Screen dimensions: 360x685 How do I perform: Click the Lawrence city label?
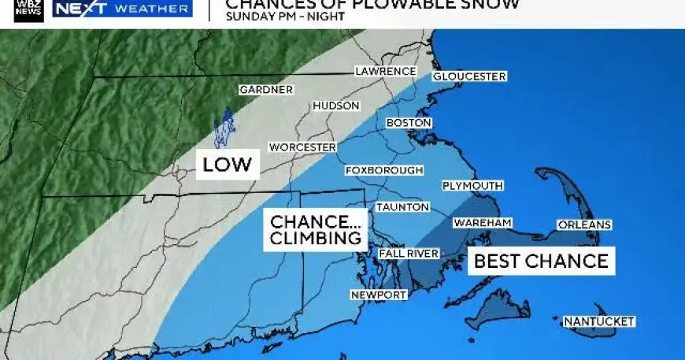point(385,72)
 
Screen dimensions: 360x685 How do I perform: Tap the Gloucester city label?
point(468,76)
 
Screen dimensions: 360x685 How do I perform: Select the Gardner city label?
point(265,90)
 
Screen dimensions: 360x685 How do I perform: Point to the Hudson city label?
point(336,106)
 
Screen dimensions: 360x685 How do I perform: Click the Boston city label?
point(409,124)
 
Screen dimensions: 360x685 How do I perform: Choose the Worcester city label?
point(302,147)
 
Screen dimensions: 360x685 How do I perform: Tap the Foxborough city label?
point(384,170)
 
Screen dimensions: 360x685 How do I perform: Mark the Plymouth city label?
point(472,186)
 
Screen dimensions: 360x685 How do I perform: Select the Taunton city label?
point(402,207)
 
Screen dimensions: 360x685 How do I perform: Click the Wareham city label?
point(483,224)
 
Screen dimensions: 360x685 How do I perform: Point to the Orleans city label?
point(584,225)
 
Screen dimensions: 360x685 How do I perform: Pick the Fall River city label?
point(408,254)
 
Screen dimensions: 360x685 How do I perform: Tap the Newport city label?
point(379,295)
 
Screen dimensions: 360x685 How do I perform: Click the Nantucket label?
point(599,321)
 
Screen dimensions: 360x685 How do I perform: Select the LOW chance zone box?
point(227,165)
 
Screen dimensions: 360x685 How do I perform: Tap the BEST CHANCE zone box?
point(542,262)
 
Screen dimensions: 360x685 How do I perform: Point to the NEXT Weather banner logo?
point(122,9)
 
